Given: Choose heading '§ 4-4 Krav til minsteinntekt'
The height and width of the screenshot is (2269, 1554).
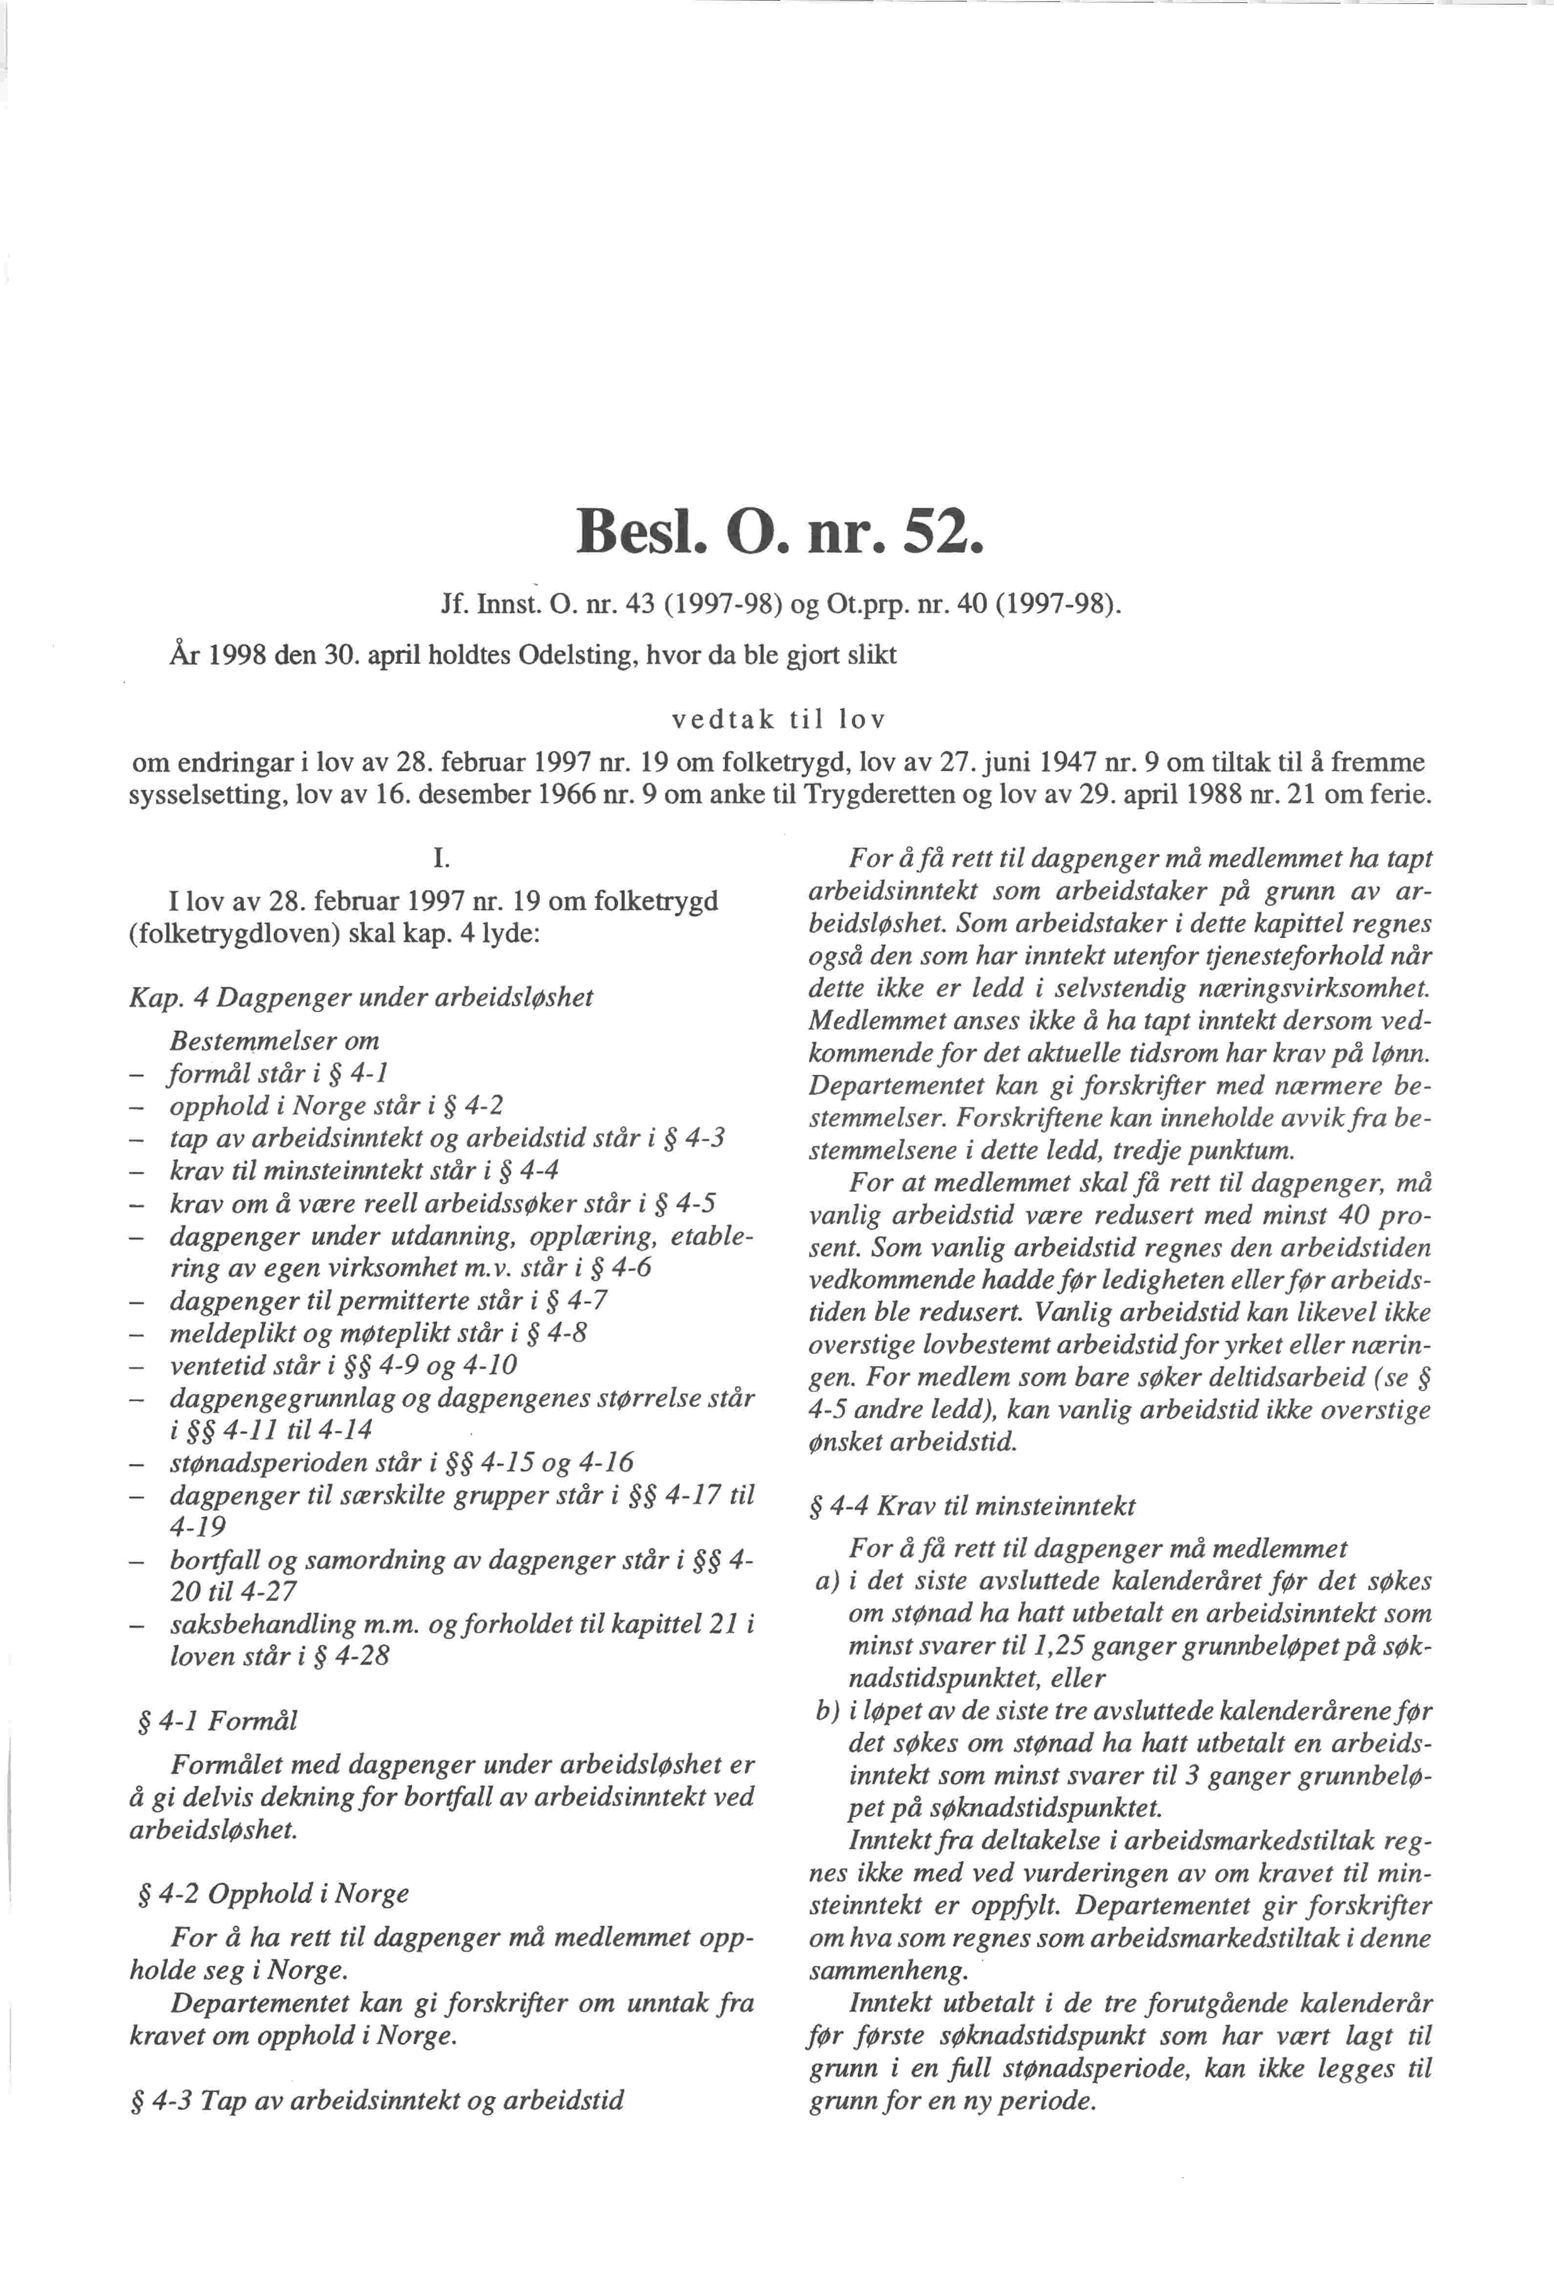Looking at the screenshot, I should click(972, 1506).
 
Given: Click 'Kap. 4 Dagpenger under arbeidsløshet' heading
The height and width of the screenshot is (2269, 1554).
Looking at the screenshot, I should click(361, 998).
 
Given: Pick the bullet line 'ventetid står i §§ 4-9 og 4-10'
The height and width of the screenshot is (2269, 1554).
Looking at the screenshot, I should click(344, 1365).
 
